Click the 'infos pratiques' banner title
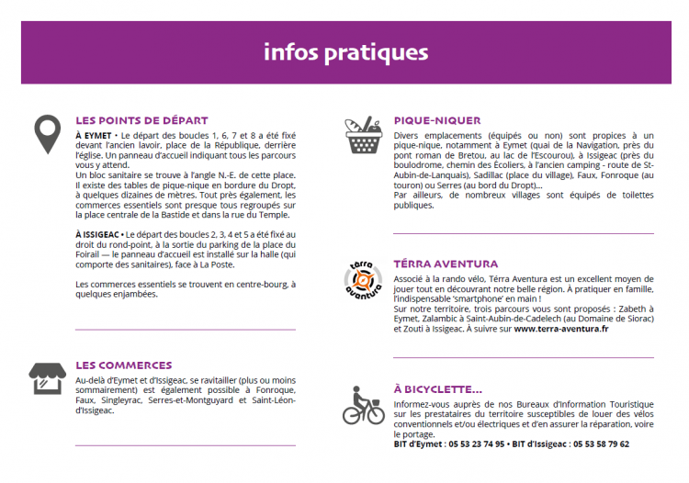pyautogui.click(x=345, y=51)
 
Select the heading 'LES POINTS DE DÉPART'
pyautogui.click(x=141, y=120)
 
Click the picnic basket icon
pyautogui.click(x=363, y=135)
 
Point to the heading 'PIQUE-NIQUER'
pyautogui.click(x=436, y=120)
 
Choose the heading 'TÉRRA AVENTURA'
pyautogui.click(x=446, y=264)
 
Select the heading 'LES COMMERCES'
pyautogui.click(x=123, y=365)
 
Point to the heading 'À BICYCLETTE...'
pyautogui.click(x=437, y=389)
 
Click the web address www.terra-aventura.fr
pyautogui.click(x=560, y=329)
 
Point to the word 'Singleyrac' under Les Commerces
pyautogui.click(x=126, y=400)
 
